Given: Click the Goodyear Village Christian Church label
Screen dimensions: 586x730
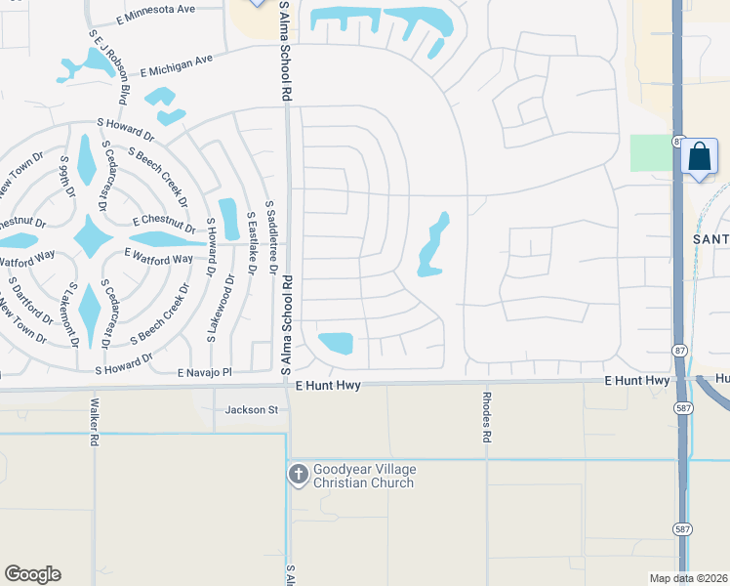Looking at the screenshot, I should pyautogui.click(x=363, y=476).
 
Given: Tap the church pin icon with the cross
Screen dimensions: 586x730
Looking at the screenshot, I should pyautogui.click(x=299, y=475).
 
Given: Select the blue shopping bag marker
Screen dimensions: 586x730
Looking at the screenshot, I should pyautogui.click(x=699, y=157).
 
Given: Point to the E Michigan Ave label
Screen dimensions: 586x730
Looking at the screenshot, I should pyautogui.click(x=176, y=65).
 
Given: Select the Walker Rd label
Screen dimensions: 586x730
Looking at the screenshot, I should pyautogui.click(x=95, y=421).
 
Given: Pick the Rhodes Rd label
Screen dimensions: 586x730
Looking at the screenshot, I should pyautogui.click(x=485, y=417).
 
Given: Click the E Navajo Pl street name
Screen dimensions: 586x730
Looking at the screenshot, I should pyautogui.click(x=205, y=373).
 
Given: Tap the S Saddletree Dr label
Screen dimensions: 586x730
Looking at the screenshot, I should pyautogui.click(x=274, y=241).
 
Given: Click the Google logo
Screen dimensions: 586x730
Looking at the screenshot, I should pyautogui.click(x=32, y=574).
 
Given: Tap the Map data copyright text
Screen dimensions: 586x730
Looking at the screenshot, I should pyautogui.click(x=688, y=578).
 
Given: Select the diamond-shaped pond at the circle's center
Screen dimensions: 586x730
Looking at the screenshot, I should pyautogui.click(x=91, y=237).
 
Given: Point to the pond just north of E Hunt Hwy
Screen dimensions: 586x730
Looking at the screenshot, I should pyautogui.click(x=336, y=343).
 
